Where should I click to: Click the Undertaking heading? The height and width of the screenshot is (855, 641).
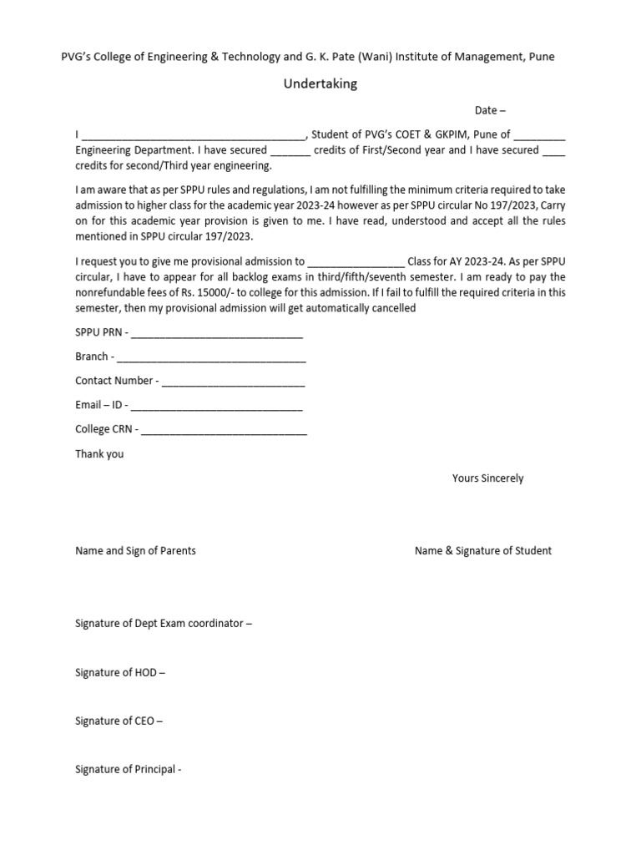pos(320,84)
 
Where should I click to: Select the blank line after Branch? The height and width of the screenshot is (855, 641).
pos(211,359)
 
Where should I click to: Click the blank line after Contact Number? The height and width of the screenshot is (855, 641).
pos(233,383)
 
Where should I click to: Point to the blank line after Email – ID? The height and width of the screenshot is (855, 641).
pos(216,407)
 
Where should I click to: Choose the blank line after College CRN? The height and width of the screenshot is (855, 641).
pos(224,432)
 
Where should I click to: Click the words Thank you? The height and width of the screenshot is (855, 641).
pos(99,454)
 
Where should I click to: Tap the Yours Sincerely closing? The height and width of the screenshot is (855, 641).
pos(487,478)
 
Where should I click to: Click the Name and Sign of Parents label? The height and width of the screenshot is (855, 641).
pos(135,551)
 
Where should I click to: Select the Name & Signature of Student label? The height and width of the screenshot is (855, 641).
pos(482,551)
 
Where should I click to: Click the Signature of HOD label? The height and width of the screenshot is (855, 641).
pos(120,672)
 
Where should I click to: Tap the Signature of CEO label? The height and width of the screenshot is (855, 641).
pos(119,721)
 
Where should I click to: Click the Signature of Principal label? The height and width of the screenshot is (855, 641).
pos(128,769)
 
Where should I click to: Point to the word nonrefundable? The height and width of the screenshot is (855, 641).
pos(111,293)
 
